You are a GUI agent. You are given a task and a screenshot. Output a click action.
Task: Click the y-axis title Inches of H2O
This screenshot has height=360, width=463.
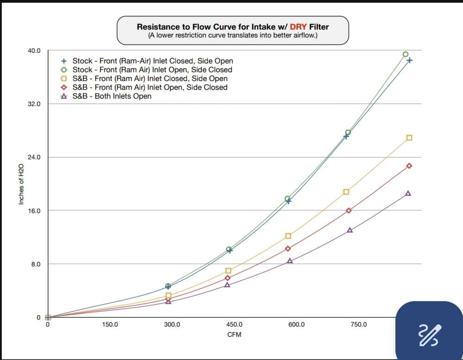coord(21,184)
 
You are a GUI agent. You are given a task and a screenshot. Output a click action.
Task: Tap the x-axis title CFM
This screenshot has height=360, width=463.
coord(233,334)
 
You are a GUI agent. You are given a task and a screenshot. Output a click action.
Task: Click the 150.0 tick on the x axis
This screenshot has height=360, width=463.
coord(110,324)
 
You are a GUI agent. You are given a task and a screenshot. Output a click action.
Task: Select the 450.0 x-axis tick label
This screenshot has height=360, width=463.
coord(234,324)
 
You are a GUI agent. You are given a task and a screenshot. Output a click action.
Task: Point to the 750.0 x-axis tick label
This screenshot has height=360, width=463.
coord(358,324)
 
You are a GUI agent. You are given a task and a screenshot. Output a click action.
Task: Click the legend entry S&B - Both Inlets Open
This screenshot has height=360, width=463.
coord(112,96)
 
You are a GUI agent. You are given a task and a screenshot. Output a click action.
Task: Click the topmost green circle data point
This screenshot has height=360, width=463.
coord(406,54)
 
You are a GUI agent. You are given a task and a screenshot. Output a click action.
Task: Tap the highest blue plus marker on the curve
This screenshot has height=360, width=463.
coord(410,60)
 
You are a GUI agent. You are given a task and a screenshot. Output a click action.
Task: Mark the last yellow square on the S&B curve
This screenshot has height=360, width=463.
coord(409,138)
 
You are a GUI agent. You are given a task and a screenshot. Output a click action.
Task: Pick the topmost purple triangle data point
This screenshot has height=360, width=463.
coord(408,193)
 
